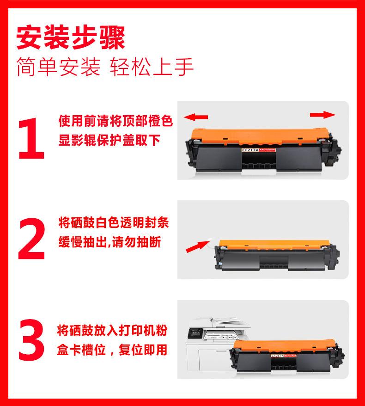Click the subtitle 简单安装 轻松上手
[x=104, y=67]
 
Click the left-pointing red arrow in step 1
[x=196, y=117]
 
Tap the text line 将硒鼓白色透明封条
[x=114, y=223]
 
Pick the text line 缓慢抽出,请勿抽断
[x=109, y=242]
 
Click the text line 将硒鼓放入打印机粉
[x=112, y=330]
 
